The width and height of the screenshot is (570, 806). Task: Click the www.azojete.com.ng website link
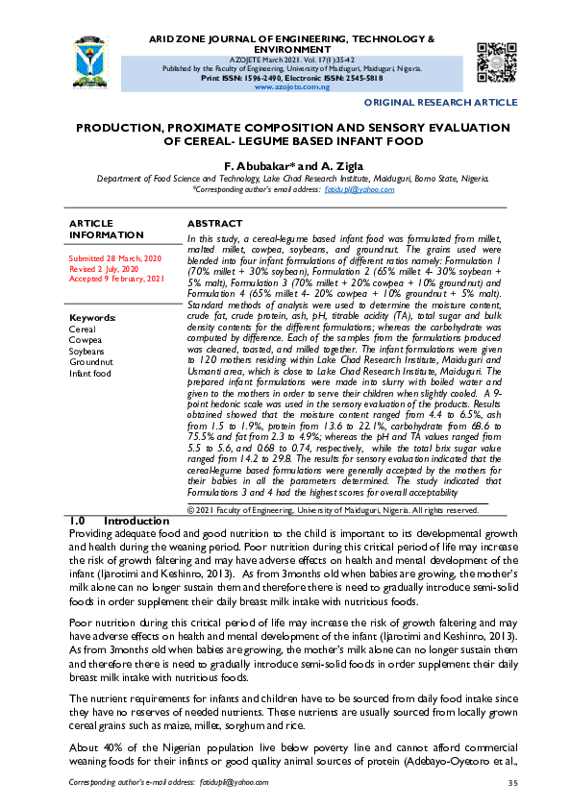(x=292, y=86)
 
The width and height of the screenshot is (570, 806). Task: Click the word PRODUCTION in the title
(x=129, y=127)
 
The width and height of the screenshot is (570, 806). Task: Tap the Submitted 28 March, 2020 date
(x=114, y=259)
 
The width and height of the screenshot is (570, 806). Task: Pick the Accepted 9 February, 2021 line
(x=117, y=280)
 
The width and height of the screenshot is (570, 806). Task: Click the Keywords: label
(x=92, y=317)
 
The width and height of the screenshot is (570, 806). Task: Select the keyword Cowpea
(x=85, y=339)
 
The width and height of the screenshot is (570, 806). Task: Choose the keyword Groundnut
(x=89, y=361)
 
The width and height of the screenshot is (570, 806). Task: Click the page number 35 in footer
(x=512, y=783)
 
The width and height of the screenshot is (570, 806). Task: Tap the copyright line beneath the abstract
(x=332, y=510)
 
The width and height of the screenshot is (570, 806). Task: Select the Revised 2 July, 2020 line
(x=106, y=269)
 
